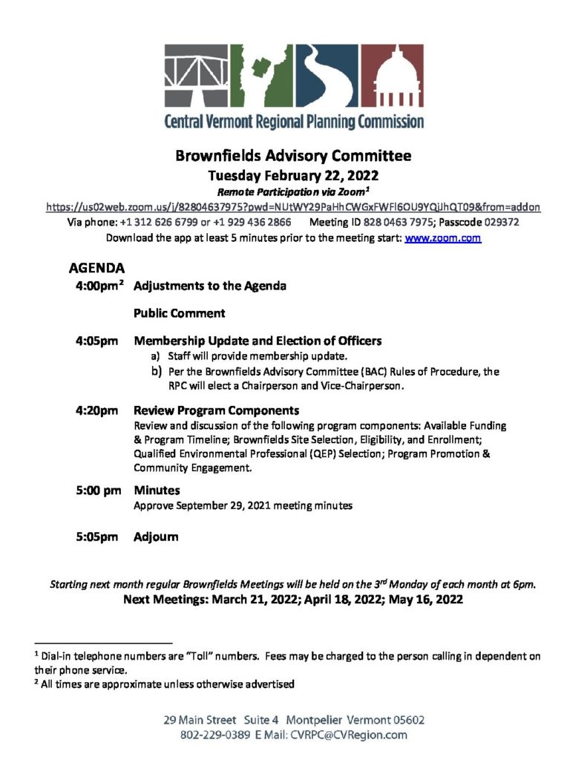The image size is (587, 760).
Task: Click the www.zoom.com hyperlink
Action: pos(443,238)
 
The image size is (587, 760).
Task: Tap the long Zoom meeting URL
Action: pos(293,207)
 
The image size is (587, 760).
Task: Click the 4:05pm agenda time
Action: pos(96,341)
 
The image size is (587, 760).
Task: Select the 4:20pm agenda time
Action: pos(96,410)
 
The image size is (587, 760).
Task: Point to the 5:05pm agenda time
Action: pos(96,537)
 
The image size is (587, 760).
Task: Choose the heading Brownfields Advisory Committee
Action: pos(293,157)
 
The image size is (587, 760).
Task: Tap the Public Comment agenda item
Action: pos(180,313)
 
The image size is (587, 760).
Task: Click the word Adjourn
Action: pos(156,537)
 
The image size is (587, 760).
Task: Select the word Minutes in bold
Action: pos(157,491)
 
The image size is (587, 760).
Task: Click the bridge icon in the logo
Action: pos(196,76)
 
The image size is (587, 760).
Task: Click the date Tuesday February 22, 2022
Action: pos(293,176)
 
